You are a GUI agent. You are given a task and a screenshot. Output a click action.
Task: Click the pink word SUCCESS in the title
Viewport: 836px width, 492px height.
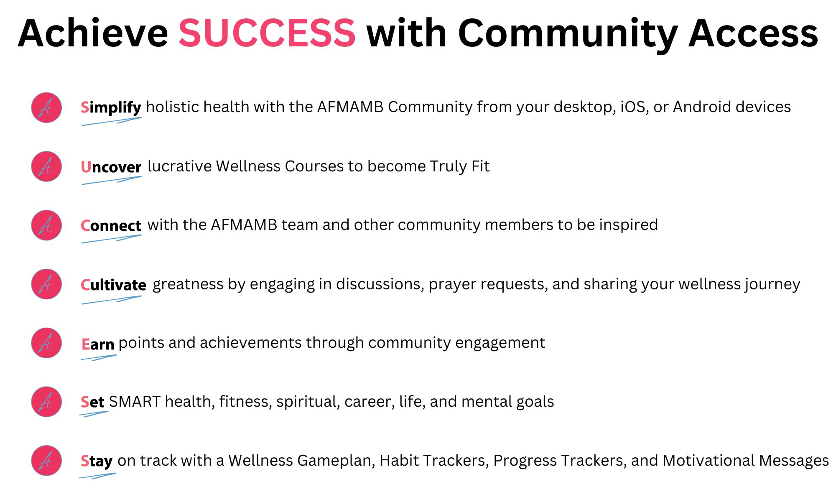point(267,33)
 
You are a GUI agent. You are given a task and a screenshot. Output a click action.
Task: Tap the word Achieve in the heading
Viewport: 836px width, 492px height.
point(93,33)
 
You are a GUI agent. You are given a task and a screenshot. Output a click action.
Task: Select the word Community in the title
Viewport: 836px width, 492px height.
point(568,35)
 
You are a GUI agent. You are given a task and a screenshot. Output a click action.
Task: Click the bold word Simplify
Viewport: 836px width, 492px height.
point(111,108)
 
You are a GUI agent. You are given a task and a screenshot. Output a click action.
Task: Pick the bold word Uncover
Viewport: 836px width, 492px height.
point(111,167)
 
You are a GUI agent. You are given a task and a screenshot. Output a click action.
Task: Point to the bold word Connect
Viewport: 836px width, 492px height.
point(111,226)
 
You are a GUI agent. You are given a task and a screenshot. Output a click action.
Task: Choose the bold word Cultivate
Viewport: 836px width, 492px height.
point(113,285)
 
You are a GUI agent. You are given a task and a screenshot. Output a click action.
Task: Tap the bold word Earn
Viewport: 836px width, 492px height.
point(98,344)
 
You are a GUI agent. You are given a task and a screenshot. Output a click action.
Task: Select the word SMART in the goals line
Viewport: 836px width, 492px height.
point(135,402)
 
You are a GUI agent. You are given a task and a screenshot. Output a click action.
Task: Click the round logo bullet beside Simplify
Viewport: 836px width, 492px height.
point(46,107)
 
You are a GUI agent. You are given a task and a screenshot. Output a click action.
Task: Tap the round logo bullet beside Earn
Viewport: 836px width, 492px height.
point(46,343)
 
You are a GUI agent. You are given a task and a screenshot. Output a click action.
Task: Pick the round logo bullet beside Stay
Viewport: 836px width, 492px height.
point(46,461)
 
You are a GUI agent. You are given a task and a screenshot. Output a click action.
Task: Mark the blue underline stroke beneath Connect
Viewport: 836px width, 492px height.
point(112,239)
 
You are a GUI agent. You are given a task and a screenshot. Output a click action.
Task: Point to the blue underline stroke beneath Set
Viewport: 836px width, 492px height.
point(94,414)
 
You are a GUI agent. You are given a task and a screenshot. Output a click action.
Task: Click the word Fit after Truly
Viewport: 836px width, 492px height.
point(480,166)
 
